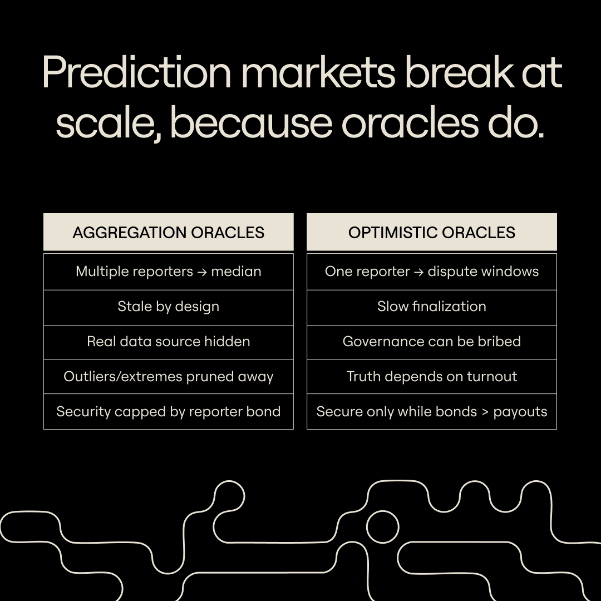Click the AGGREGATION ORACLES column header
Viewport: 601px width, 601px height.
168,232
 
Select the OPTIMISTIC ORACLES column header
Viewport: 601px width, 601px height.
431,232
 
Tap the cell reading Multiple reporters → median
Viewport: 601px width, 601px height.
168,272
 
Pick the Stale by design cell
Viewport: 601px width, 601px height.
168,307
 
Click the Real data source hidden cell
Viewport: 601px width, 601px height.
168,342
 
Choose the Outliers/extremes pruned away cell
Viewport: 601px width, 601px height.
168,377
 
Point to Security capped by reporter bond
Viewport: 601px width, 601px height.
168,412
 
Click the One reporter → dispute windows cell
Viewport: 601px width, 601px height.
431,272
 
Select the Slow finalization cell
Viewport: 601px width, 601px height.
431,307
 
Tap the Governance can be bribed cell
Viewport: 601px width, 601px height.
431,342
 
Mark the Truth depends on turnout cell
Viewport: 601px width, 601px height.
431,377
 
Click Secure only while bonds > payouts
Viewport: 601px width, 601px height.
431,412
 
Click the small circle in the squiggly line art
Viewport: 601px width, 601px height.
382,526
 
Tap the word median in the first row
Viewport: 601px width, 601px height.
236,272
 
